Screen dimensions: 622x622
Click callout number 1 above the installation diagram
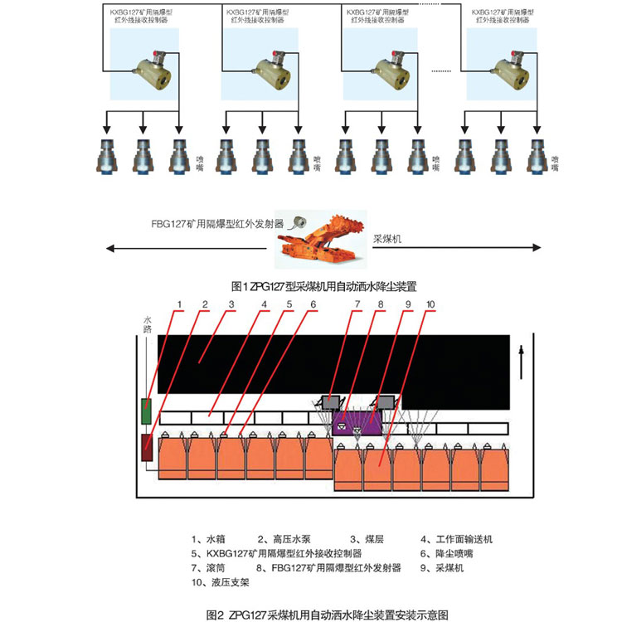pos(178,305)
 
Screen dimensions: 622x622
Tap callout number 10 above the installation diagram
pos(430,305)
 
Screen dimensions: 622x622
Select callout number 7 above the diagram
pos(357,305)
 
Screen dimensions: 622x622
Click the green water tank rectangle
pos(147,411)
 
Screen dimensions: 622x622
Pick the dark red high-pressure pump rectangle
pos(147,448)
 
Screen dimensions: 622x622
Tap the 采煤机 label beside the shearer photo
pos(386,238)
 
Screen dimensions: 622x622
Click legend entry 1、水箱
pos(208,539)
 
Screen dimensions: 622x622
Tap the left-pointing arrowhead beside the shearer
pos(108,247)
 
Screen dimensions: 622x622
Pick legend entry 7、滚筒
pos(207,568)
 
